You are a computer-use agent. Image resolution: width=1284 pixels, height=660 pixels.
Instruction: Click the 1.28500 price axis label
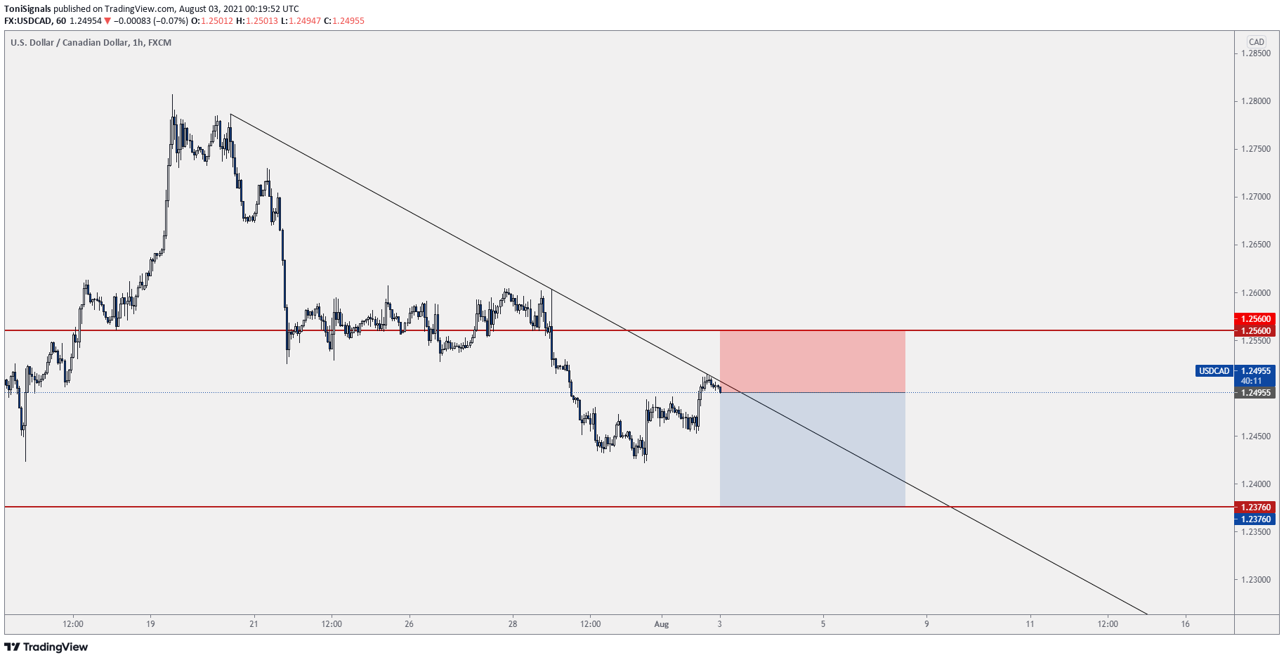pos(1255,53)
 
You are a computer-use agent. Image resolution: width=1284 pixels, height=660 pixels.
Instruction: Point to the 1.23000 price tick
pos(1255,580)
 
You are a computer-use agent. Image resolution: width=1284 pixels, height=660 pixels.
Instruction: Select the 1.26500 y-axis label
pos(1255,245)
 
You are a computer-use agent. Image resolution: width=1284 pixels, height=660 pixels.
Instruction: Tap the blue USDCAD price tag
pos(1214,371)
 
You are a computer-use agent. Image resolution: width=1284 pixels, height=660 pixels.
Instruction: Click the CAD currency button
pos(1256,42)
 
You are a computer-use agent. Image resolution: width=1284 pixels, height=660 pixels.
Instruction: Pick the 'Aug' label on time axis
pos(661,624)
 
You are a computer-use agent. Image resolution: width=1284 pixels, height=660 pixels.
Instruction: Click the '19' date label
pos(150,624)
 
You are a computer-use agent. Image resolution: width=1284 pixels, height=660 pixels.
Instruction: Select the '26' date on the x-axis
pos(409,624)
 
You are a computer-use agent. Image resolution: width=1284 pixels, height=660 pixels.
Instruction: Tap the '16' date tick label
pos(1185,624)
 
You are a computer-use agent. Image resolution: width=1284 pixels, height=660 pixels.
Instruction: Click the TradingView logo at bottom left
pos(46,647)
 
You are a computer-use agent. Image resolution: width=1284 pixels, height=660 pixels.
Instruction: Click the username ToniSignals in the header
pos(27,9)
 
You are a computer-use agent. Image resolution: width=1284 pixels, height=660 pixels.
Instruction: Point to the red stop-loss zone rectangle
pos(812,361)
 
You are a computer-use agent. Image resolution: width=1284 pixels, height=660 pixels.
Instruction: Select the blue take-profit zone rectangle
pos(812,449)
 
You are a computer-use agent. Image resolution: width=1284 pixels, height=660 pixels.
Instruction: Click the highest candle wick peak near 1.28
pos(172,96)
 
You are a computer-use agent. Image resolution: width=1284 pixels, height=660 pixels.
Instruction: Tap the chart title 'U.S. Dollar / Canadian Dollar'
pos(70,43)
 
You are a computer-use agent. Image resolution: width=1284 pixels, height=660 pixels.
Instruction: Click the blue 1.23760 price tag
pos(1255,519)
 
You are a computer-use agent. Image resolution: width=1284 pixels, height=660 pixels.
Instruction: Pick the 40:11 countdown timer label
pos(1251,381)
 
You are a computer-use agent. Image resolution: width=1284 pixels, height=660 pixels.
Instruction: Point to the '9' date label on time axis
pos(926,624)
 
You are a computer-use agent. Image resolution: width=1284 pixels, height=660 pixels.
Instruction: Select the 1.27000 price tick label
pos(1255,197)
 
